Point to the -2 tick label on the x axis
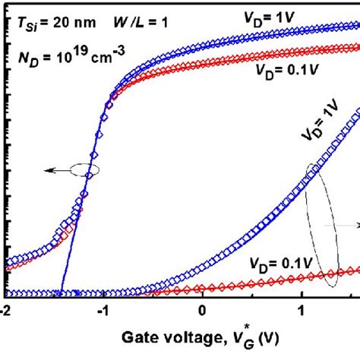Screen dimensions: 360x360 pyautogui.click(x=5, y=311)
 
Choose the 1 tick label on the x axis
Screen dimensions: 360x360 pyautogui.click(x=302, y=311)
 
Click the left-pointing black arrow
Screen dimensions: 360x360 pyautogui.click(x=53, y=172)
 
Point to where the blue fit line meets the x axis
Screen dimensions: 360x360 pyautogui.click(x=61, y=295)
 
